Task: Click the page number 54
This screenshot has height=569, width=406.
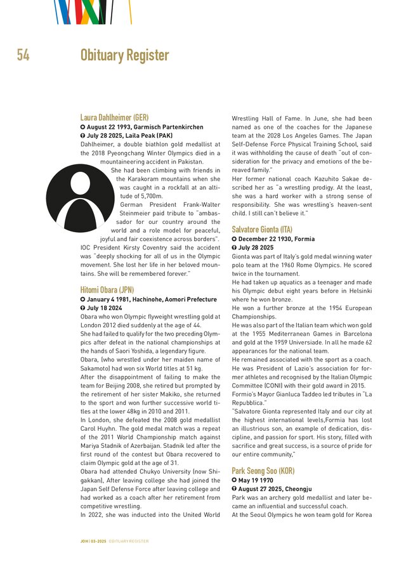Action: (x=23, y=56)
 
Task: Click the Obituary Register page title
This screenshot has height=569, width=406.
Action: (x=124, y=56)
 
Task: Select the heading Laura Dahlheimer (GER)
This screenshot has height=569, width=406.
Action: (x=114, y=118)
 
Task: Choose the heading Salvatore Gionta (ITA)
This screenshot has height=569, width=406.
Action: (x=262, y=229)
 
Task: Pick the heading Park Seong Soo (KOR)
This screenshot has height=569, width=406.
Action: (x=263, y=471)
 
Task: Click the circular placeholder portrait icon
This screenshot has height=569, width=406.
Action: (x=80, y=197)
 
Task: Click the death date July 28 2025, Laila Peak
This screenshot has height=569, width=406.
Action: (x=127, y=136)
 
